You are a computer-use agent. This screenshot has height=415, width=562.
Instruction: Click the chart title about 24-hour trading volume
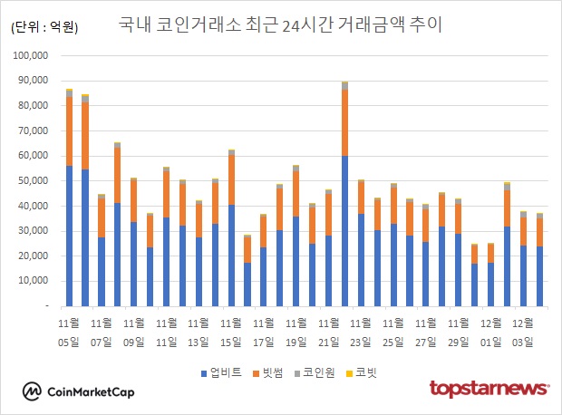(280, 25)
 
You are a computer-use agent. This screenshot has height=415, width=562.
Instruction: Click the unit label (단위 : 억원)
(44, 27)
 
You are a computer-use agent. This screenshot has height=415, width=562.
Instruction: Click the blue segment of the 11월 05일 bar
(69, 236)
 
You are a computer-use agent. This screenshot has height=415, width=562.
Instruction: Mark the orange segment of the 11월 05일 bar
(69, 131)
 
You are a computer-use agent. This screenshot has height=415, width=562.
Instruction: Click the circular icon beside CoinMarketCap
(33, 391)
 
